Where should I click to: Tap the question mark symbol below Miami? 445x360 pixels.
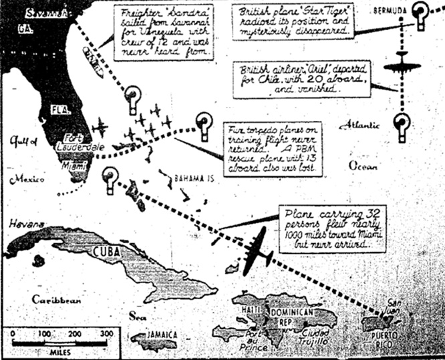tap(110, 178)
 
